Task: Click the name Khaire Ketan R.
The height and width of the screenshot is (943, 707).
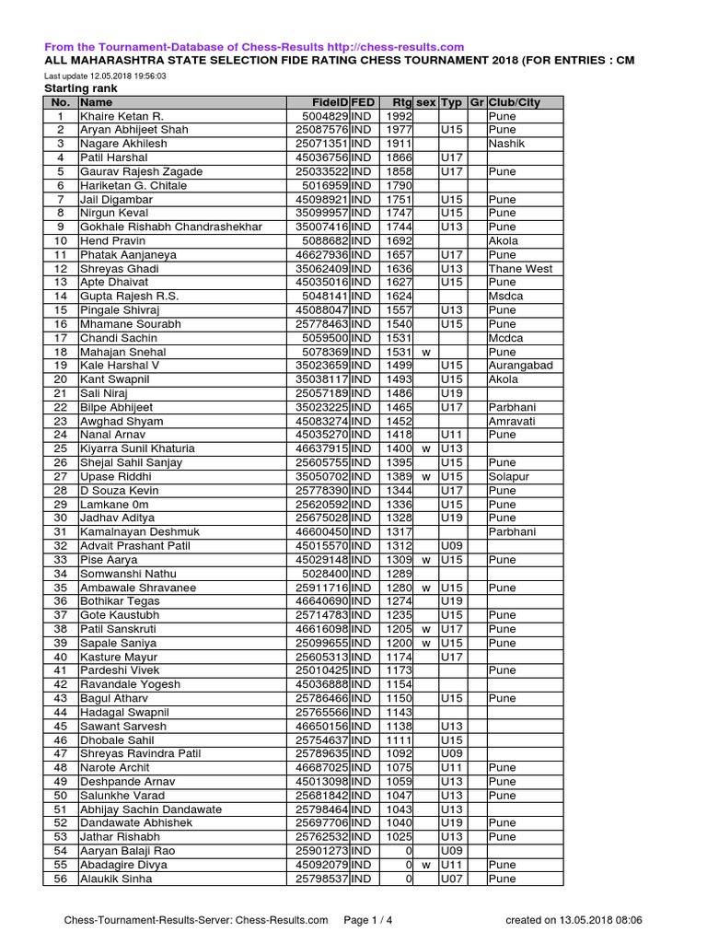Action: pyautogui.click(x=122, y=117)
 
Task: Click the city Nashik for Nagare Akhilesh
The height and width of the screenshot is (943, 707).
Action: pyautogui.click(x=505, y=145)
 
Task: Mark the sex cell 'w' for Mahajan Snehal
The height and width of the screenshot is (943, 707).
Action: pyautogui.click(x=425, y=352)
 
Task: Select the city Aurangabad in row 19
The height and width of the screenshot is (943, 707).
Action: pyautogui.click(x=521, y=366)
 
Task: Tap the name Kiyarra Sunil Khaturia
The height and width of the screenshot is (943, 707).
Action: pyautogui.click(x=138, y=448)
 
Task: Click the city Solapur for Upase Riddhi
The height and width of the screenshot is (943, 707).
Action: pyautogui.click(x=509, y=476)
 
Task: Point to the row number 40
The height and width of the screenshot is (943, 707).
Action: pyautogui.click(x=61, y=657)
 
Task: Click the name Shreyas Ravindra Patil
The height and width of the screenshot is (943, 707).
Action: pyautogui.click(x=140, y=753)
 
